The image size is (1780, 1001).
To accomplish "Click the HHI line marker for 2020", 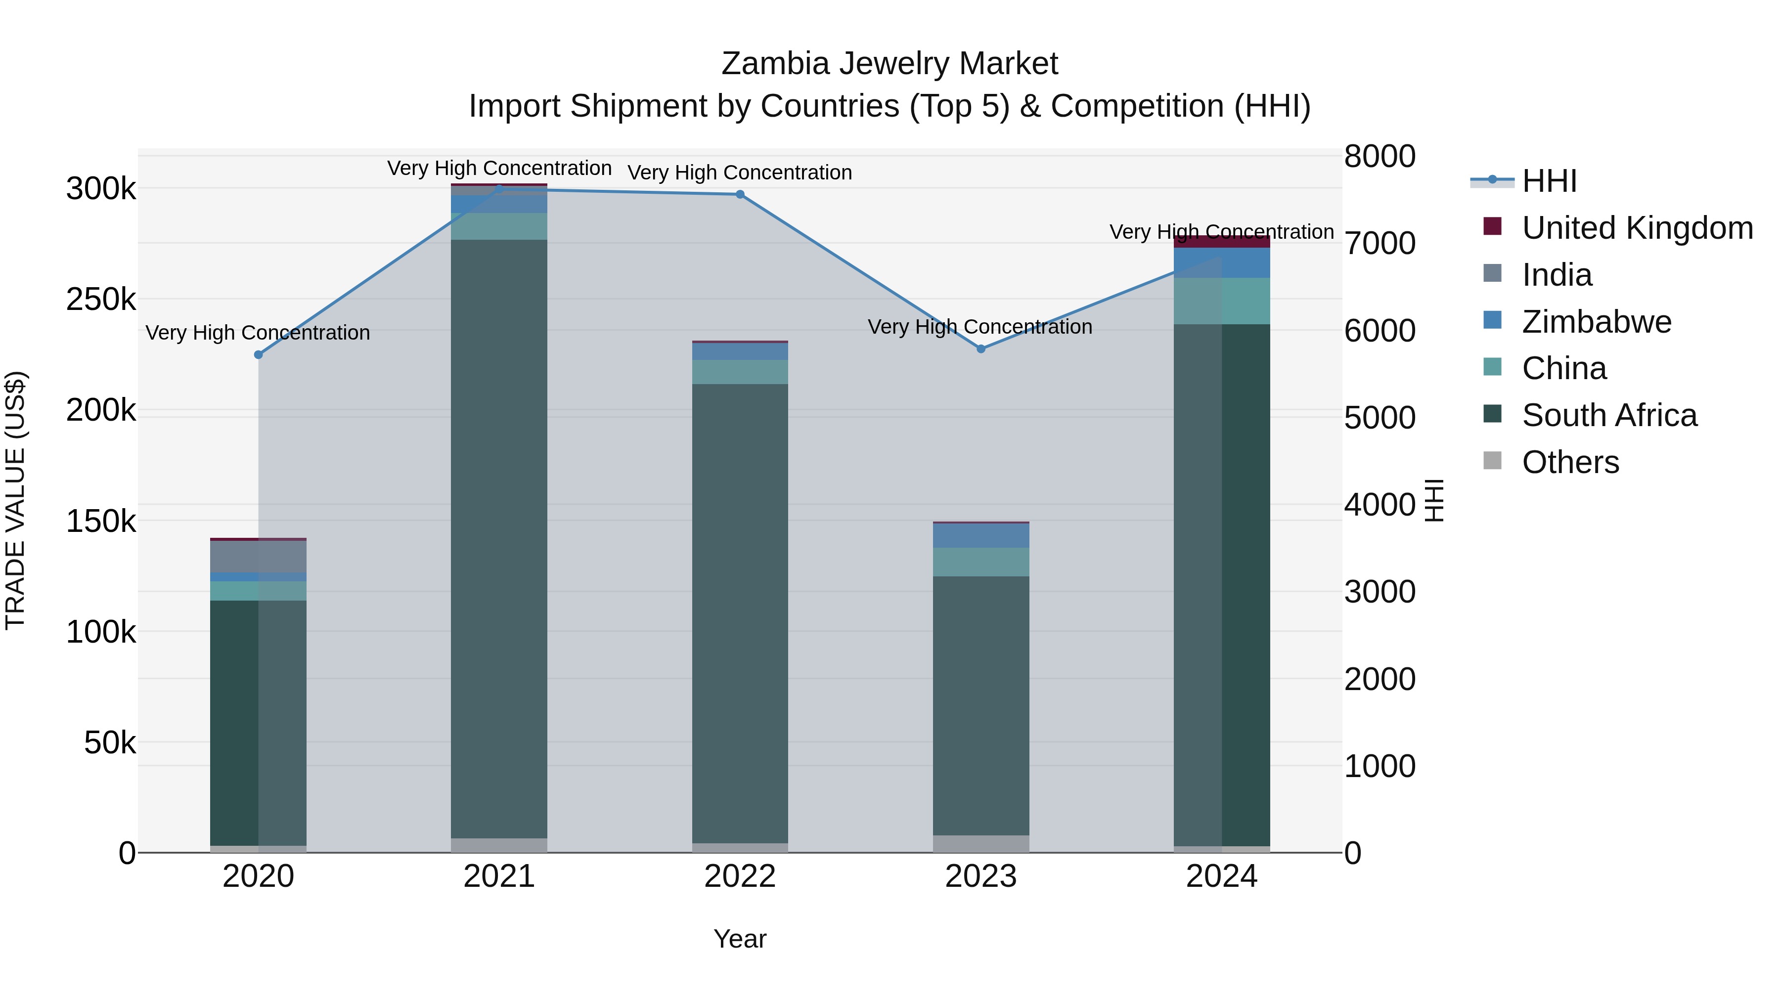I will [259, 354].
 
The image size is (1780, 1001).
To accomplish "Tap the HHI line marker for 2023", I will [980, 349].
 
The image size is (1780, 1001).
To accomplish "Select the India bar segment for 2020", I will [259, 556].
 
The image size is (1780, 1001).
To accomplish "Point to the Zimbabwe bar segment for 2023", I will [980, 535].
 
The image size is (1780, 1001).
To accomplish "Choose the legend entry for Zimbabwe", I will [1596, 322].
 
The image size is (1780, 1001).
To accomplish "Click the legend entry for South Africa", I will [1608, 415].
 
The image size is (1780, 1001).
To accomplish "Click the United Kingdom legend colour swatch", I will [1493, 226].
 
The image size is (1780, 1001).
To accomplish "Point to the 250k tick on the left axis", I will [101, 299].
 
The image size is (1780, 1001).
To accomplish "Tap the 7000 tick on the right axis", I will [1379, 243].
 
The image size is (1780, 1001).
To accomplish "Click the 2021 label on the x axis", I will [499, 876].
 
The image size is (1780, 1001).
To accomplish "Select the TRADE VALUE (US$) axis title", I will [15, 500].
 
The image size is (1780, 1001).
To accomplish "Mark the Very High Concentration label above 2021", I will [499, 168].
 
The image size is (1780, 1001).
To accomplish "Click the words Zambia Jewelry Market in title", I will [890, 64].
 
